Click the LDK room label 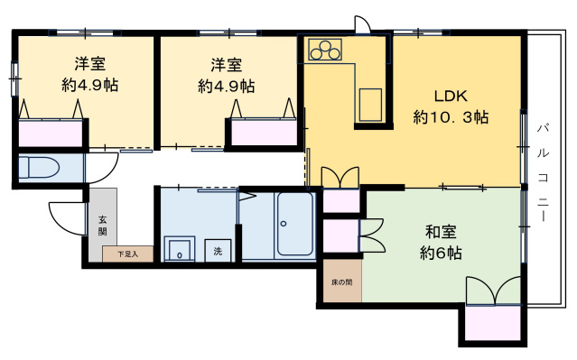pos(451,97)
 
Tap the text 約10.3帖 pos(451,117)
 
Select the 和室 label pos(441,233)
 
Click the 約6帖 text pos(441,254)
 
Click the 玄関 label pos(102,225)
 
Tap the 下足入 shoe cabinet pos(127,254)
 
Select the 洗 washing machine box pos(219,252)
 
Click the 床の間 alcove pos(340,281)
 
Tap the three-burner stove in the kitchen pos(326,50)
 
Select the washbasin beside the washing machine pos(179,251)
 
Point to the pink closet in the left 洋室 pos(51,134)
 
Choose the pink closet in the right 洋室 pos(265,132)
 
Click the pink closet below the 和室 pos(492,323)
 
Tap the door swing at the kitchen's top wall pos(361,24)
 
